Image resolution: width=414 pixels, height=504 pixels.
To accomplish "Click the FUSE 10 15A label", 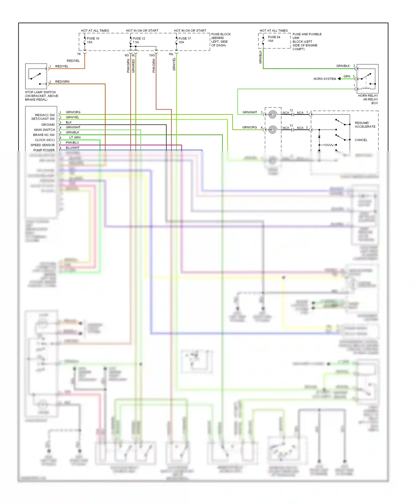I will pyautogui.click(x=93, y=40).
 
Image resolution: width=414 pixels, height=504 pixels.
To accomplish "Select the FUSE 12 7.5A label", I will pyautogui.click(x=139, y=40).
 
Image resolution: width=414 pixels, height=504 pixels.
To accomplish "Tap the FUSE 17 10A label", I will pyautogui.click(x=184, y=40).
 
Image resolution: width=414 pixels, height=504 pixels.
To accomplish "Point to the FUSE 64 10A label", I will pyautogui.click(x=274, y=39).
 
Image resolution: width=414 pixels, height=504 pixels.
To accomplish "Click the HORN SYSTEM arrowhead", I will pyautogui.click(x=339, y=79).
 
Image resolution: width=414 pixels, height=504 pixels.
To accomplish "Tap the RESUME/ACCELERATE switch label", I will pyautogui.click(x=365, y=125).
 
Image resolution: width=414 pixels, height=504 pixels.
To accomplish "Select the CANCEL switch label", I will pyautogui.click(x=361, y=140).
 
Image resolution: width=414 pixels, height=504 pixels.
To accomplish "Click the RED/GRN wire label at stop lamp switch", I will pyautogui.click(x=62, y=82).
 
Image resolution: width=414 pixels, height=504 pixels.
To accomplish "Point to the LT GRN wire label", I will pyautogui.click(x=75, y=138).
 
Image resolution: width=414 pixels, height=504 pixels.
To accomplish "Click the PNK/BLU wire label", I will pyautogui.click(x=72, y=143).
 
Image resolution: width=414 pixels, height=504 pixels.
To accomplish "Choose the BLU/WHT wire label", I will pyautogui.click(x=72, y=148).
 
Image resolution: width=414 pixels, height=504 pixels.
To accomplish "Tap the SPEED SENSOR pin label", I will pyautogui.click(x=43, y=145).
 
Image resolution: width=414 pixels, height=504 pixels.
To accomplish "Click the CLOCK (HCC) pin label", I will pyautogui.click(x=45, y=140).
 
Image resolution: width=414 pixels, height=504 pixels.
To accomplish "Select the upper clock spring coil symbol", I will pyautogui.click(x=272, y=114).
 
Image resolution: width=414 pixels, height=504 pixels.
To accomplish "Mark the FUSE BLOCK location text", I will pyautogui.click(x=221, y=40).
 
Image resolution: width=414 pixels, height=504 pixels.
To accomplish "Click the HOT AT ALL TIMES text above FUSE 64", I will pyautogui.click(x=274, y=31).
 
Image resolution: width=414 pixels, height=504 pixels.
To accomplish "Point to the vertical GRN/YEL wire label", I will pyautogui.click(x=174, y=64).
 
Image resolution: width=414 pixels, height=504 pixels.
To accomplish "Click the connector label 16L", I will pyautogui.click(x=171, y=54).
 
